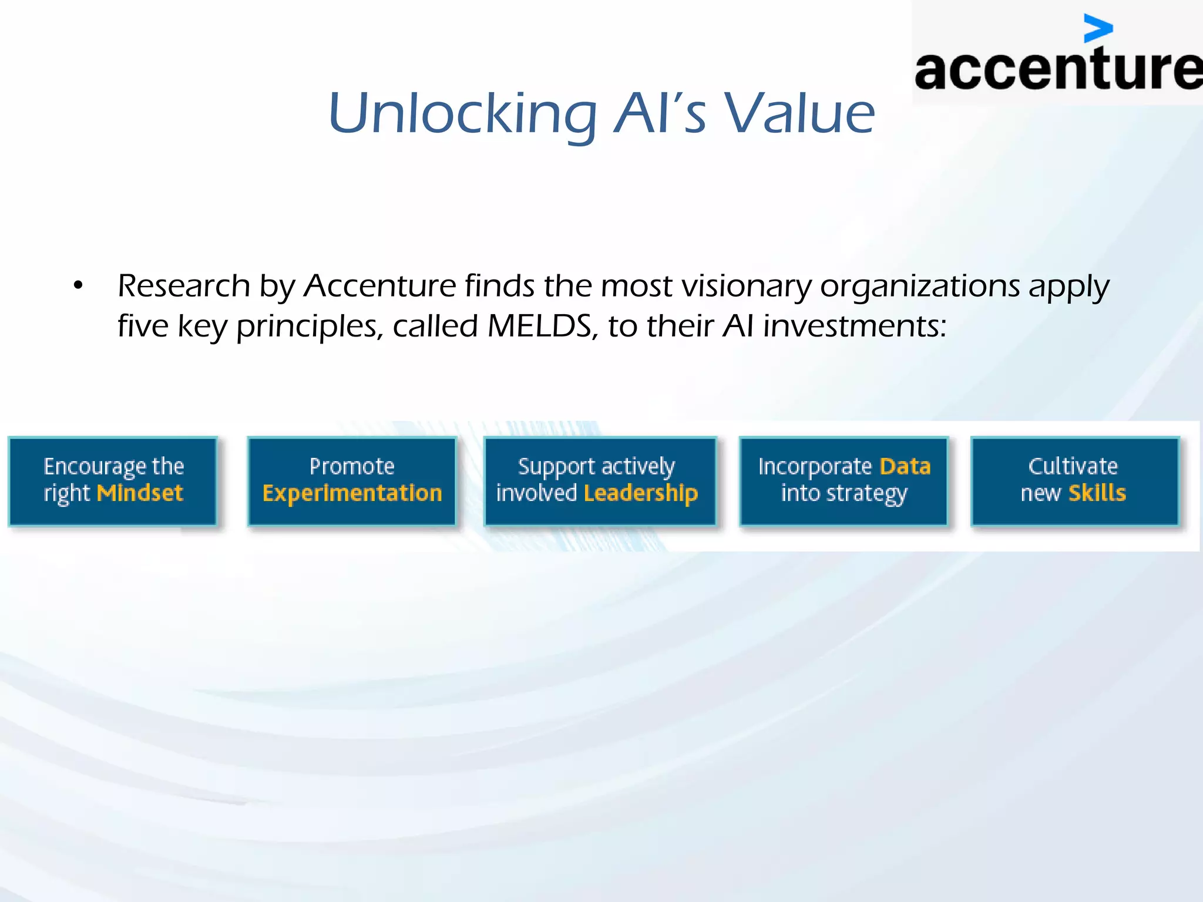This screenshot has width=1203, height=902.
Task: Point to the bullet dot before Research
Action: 78,286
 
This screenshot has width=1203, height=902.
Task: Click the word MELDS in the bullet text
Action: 539,326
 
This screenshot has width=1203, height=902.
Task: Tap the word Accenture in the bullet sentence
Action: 379,286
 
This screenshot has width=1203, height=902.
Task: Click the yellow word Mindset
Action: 140,493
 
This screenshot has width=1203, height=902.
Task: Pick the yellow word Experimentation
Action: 352,493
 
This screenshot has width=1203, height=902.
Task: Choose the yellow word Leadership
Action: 641,493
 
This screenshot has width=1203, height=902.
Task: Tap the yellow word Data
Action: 905,467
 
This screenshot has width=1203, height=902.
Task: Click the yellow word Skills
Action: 1097,493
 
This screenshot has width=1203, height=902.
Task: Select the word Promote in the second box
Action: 352,467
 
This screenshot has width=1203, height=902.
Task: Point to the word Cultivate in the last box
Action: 1073,467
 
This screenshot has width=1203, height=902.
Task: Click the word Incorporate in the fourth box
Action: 815,467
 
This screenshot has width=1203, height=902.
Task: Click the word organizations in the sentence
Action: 920,286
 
